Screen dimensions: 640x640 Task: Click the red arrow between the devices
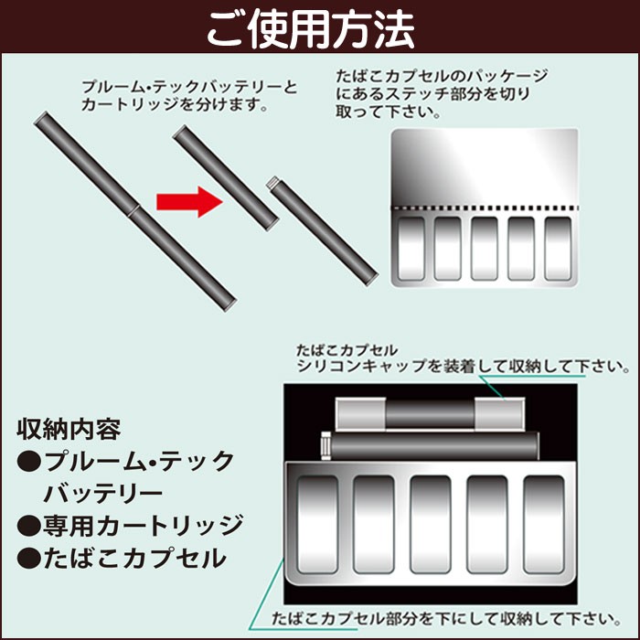(x=189, y=202)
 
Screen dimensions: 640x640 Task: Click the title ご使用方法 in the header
(x=311, y=29)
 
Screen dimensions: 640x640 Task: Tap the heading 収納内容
(x=69, y=430)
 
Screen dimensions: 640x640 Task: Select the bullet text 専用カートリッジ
(x=143, y=526)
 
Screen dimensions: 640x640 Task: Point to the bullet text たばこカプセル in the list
(x=134, y=558)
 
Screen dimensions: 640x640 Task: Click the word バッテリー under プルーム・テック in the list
(x=102, y=494)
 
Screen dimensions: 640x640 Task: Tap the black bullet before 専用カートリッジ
(x=29, y=526)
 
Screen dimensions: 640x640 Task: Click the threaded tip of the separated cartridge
(x=272, y=183)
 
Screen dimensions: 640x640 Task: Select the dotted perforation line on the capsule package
(x=485, y=208)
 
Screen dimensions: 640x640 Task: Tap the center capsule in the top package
(x=485, y=249)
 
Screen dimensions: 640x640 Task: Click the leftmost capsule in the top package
(x=411, y=249)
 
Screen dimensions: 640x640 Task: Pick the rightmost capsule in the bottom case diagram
(x=544, y=525)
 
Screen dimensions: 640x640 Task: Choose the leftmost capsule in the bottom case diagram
(x=317, y=525)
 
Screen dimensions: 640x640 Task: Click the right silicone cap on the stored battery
(x=499, y=414)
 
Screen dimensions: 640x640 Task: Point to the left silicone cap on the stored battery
(x=361, y=414)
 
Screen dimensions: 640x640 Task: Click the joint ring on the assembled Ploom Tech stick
(x=134, y=211)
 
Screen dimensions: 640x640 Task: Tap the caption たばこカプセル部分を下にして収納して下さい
(x=446, y=619)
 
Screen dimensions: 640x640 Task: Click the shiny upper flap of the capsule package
(x=485, y=167)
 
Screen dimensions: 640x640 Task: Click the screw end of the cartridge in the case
(x=325, y=446)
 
